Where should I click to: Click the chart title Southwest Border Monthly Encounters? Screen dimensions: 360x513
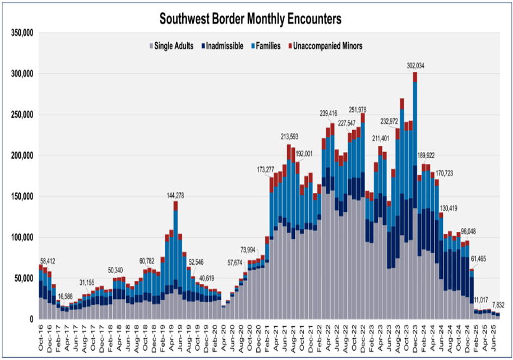coord(250,19)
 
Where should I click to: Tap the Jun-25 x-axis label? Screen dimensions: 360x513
coord(493,335)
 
